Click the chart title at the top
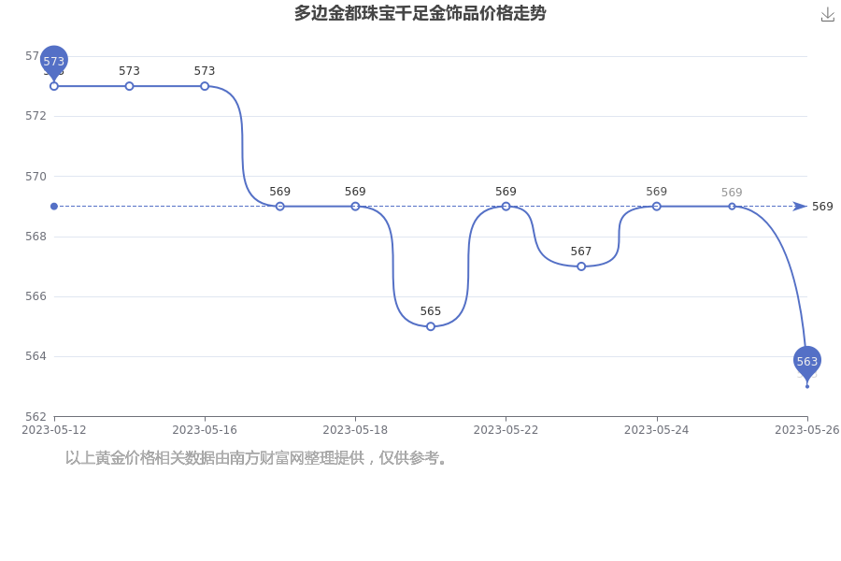[x=420, y=13]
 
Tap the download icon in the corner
[x=828, y=15]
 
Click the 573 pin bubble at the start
[x=53, y=62]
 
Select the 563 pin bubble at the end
[x=807, y=362]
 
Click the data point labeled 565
[x=431, y=326]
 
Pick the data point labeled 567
[x=581, y=266]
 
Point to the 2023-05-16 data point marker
[x=205, y=86]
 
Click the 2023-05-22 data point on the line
[x=506, y=206]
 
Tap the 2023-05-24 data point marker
[x=657, y=206]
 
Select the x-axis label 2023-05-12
[x=53, y=430]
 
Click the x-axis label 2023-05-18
[x=355, y=430]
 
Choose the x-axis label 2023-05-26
[x=807, y=430]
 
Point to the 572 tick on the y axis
[x=36, y=116]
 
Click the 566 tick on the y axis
[x=36, y=296]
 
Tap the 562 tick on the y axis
[x=36, y=417]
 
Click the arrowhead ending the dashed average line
[x=800, y=206]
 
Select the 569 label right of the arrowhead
[x=822, y=207]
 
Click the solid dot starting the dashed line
[x=53, y=206]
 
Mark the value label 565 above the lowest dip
[x=431, y=311]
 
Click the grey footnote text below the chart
[x=256, y=458]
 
